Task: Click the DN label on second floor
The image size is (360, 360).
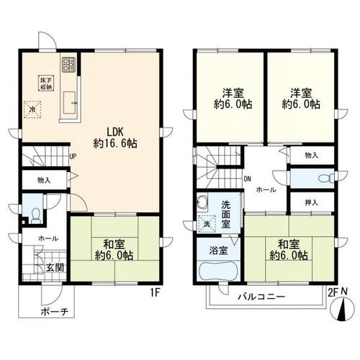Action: (x=248, y=179)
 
